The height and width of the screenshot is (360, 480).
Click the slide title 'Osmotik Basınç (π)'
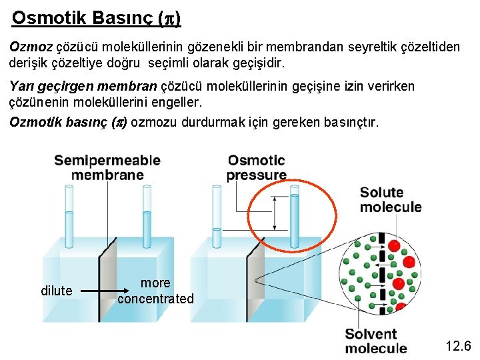[x=96, y=17]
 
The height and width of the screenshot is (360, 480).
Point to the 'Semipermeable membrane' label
[x=107, y=167]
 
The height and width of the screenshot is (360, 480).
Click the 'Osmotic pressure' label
[x=256, y=167]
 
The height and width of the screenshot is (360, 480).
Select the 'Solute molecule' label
[x=391, y=199]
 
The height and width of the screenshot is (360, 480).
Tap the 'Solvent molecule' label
[x=376, y=341]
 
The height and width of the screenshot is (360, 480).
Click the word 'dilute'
[x=57, y=291]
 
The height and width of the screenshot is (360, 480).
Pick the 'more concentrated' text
[x=155, y=291]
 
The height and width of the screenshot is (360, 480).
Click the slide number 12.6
[x=458, y=345]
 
